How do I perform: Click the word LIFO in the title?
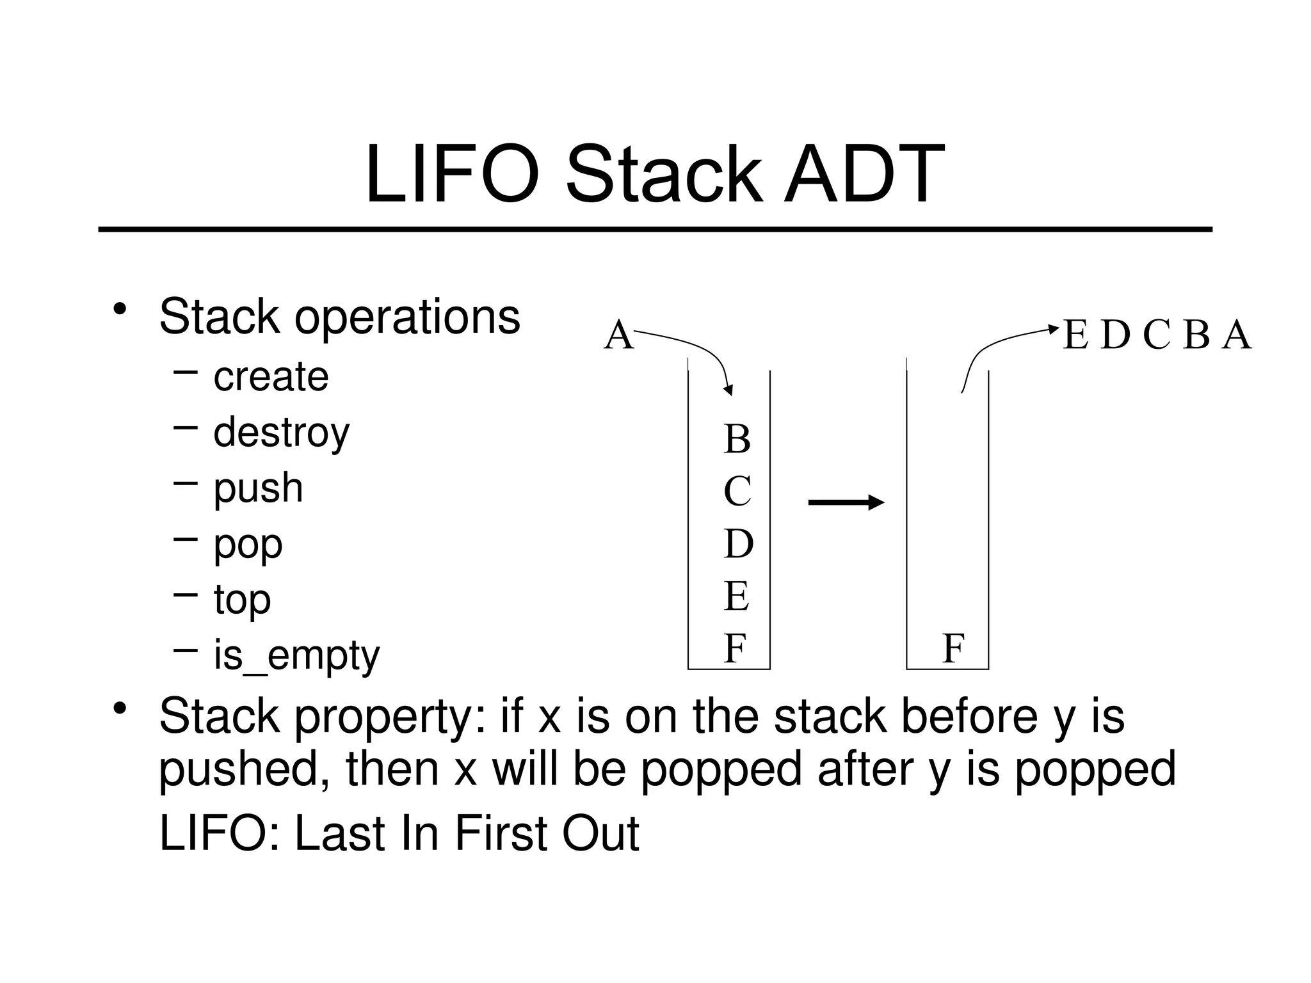pyautogui.click(x=452, y=175)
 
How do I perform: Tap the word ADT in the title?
pyautogui.click(x=864, y=175)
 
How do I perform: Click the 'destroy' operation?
pyautogui.click(x=282, y=433)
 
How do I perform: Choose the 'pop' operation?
pyautogui.click(x=248, y=545)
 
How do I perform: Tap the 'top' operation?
pyautogui.click(x=242, y=600)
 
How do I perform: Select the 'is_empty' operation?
pyautogui.click(x=296, y=656)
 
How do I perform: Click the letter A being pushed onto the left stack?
pyautogui.click(x=618, y=335)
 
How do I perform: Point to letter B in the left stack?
pyautogui.click(x=737, y=440)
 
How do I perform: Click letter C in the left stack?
pyautogui.click(x=737, y=491)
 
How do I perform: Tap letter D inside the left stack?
pyautogui.click(x=738, y=544)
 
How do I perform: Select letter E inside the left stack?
pyautogui.click(x=737, y=596)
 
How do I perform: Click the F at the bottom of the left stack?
pyautogui.click(x=735, y=648)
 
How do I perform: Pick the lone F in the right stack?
pyautogui.click(x=953, y=649)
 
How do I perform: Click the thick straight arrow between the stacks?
pyautogui.click(x=846, y=502)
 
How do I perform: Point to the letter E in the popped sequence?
pyautogui.click(x=1075, y=335)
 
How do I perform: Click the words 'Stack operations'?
pyautogui.click(x=339, y=316)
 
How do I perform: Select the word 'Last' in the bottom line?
pyautogui.click(x=339, y=834)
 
